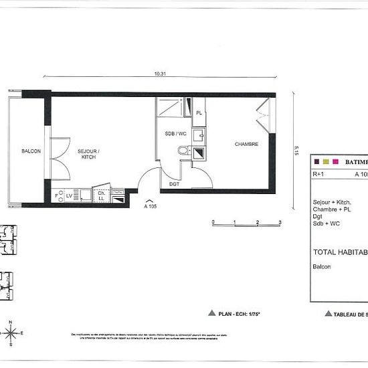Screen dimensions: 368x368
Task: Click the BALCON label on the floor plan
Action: click(31, 151)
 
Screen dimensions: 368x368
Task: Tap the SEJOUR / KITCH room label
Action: click(88, 153)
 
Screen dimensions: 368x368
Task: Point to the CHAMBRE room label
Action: click(246, 144)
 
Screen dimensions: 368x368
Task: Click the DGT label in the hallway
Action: click(174, 184)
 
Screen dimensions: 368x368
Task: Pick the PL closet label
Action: click(199, 113)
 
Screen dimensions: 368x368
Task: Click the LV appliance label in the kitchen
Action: click(69, 195)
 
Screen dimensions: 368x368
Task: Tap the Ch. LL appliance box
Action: click(102, 195)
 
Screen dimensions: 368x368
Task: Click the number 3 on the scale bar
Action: click(280, 221)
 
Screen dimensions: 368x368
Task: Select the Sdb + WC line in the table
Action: click(327, 223)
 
